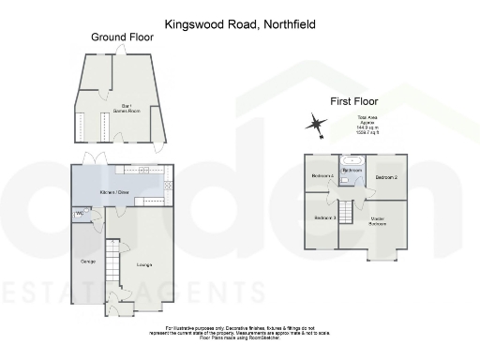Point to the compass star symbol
coord(316,123)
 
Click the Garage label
coord(87,261)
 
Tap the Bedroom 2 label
coord(388,176)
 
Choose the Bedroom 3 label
coord(324,217)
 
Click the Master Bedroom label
coord(378,221)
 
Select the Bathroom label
coord(352,171)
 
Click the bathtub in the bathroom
coord(352,160)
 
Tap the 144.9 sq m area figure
coord(367,127)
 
